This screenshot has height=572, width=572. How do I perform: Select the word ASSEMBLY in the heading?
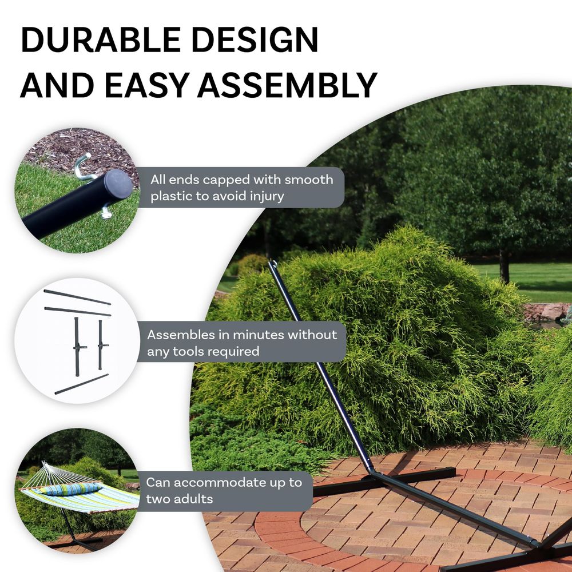[x=287, y=85]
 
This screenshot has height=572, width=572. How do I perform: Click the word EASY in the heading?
[x=148, y=85]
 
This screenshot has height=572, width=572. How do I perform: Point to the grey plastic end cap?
[x=118, y=184]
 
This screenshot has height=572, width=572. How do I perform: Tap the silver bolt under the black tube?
[x=106, y=212]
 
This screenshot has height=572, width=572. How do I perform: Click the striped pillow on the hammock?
[x=69, y=489]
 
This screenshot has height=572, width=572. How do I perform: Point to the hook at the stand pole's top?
[x=273, y=264]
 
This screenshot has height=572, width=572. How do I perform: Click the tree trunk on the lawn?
[x=504, y=267]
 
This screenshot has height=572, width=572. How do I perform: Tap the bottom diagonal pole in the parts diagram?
[x=82, y=384]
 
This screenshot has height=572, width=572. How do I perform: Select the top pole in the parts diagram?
[x=77, y=297]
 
